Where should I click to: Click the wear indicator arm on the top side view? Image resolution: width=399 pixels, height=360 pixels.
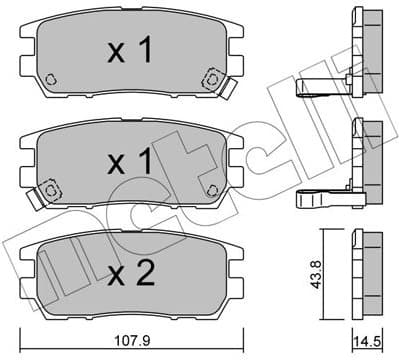322,89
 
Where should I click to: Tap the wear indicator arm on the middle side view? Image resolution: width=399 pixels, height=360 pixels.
322,199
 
